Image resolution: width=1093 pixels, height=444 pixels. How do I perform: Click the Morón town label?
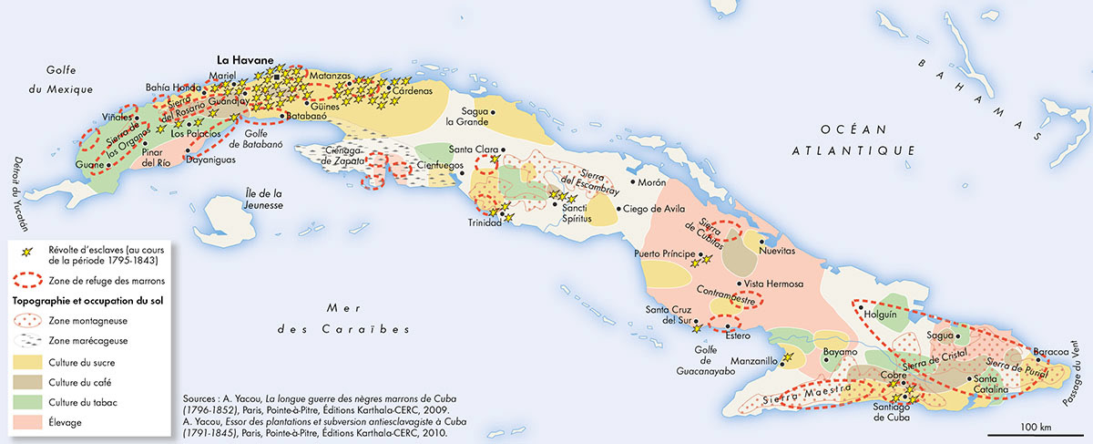click(x=652, y=182)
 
